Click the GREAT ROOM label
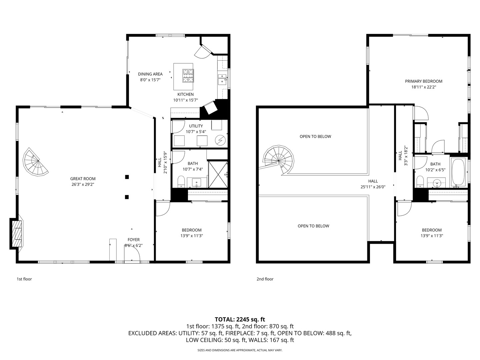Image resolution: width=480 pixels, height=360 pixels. pos(83,179)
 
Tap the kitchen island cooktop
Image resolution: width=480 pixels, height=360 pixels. pos(188,76)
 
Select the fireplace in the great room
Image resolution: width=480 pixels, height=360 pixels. pos(16,234)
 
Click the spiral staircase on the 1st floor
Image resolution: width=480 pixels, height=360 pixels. pos(36,162)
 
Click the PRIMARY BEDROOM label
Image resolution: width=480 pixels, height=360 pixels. pos(424,81)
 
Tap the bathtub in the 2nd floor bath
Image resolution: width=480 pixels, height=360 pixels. pos(458,172)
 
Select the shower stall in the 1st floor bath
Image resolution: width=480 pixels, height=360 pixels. pos(218,174)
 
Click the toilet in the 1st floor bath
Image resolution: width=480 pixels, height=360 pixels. pos(181,182)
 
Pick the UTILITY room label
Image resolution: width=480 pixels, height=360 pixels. pos(196,126)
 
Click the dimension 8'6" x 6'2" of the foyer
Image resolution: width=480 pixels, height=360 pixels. pos(133,245)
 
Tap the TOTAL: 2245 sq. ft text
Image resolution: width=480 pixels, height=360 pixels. pos(240,320)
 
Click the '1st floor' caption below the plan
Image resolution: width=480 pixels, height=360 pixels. pos(24,279)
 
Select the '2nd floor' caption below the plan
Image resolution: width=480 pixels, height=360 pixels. pos(265,279)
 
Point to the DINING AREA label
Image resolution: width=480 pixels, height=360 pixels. pos(150,74)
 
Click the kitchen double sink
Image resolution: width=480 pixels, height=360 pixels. pos(222,79)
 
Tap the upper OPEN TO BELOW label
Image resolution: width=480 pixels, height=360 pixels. pos(315,137)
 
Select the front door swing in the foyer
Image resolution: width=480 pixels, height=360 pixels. pos(132,253)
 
